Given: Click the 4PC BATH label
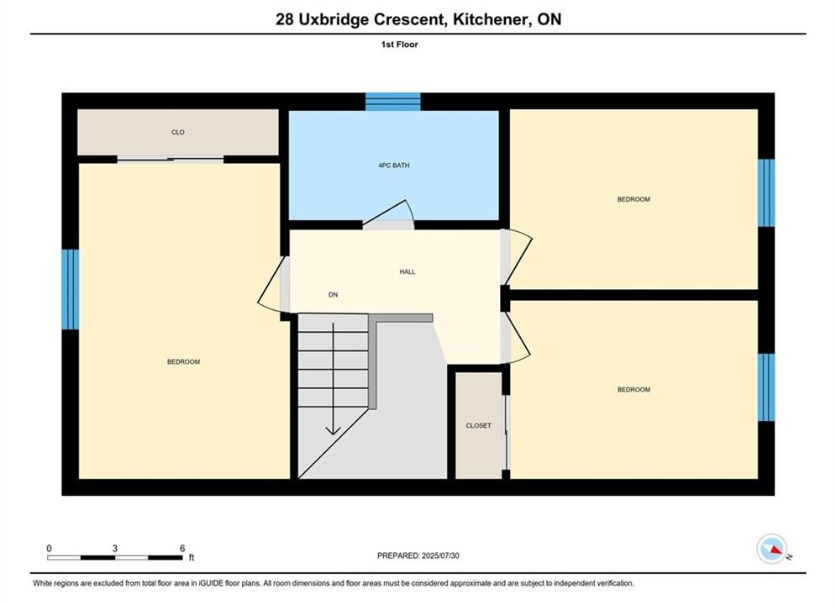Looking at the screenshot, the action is coord(394,166).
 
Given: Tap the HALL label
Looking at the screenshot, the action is coord(407,272).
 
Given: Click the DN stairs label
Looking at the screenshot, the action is coord(334,295).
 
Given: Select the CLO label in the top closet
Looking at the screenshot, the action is coord(178,132).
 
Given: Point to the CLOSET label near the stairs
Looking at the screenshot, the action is coord(478,425).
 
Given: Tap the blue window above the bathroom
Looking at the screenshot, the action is coord(393,102).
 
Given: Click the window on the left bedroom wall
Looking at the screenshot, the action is coord(71,289).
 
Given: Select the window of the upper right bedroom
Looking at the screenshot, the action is coord(766,192).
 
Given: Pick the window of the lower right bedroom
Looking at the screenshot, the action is coord(766,387).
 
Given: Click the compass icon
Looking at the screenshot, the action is coord(771,549).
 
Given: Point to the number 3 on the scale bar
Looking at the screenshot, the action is coord(114,548).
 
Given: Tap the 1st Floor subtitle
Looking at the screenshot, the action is coord(399,45).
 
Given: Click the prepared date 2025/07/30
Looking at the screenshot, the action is coord(440,555).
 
